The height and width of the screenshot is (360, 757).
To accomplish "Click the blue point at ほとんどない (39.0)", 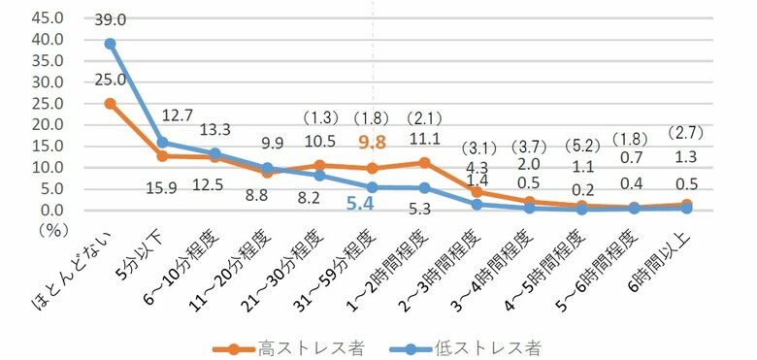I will coord(111,44).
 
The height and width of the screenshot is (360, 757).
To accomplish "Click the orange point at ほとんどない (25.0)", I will coord(111,103).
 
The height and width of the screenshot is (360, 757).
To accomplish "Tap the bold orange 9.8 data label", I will coord(373,143).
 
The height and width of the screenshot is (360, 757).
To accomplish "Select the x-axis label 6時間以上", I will coord(663,262).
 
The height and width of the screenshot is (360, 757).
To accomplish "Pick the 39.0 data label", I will coord(111,18).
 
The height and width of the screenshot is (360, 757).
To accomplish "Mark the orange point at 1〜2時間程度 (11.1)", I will coord(424,162).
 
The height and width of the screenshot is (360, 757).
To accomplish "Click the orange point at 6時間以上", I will coord(686,204).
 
